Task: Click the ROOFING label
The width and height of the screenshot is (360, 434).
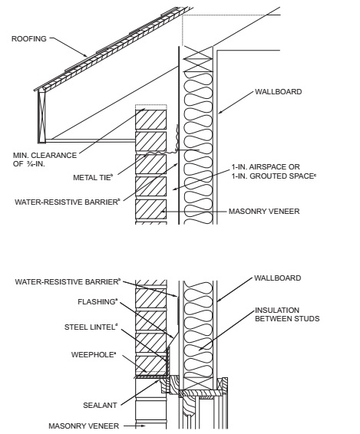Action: (x=29, y=39)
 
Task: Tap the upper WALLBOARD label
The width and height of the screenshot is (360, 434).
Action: (x=278, y=91)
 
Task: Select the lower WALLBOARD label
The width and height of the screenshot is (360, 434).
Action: (x=277, y=278)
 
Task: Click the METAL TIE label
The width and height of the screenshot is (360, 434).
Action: (x=93, y=177)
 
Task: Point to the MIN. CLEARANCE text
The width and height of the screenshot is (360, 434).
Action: (x=45, y=156)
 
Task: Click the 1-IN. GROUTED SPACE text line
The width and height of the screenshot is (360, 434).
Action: (x=274, y=176)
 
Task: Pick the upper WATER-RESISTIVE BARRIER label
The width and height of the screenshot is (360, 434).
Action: (x=68, y=202)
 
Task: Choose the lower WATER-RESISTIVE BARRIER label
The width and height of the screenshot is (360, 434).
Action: (x=68, y=281)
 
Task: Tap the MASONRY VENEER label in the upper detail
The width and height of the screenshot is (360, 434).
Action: (x=264, y=212)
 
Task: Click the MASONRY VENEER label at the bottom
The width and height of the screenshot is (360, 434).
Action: (x=84, y=426)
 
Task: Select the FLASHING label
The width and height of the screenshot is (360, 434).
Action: (x=97, y=301)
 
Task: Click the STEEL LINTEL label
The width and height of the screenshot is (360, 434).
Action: (x=91, y=327)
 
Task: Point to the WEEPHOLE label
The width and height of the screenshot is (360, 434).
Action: (x=94, y=354)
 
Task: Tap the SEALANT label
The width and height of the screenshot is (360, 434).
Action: (x=100, y=405)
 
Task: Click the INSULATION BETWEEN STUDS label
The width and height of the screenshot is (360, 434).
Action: (x=287, y=314)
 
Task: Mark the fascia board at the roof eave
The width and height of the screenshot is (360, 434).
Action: (x=42, y=116)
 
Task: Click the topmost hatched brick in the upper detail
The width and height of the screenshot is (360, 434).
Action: (x=150, y=120)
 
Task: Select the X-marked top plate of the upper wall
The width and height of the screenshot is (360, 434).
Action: (x=198, y=59)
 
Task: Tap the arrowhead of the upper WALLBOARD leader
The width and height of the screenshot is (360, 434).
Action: (x=220, y=112)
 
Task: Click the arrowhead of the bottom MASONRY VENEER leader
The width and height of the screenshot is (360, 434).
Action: (x=143, y=426)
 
